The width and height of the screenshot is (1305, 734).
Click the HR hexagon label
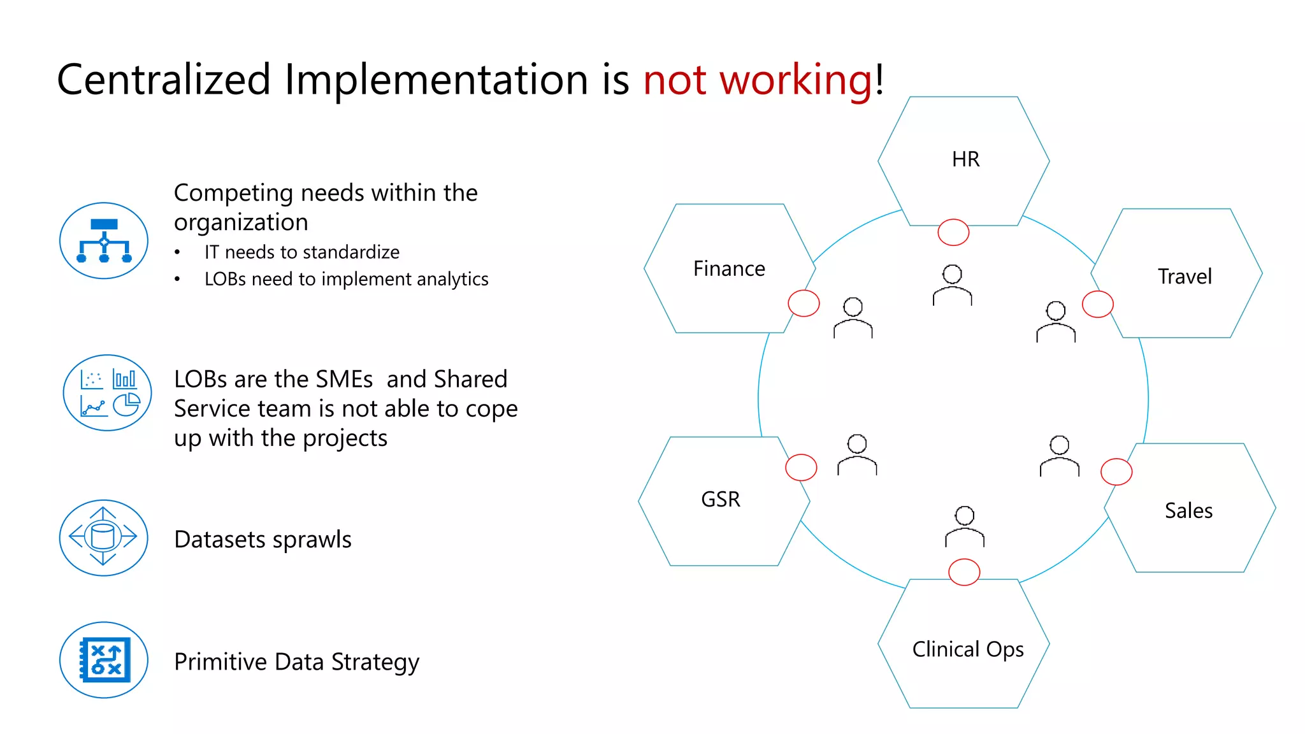965,159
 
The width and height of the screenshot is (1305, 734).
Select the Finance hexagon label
729,269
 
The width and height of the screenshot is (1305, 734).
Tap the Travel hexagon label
1185,277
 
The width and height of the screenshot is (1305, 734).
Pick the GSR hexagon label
721,499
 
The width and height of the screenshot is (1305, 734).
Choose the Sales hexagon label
1188,510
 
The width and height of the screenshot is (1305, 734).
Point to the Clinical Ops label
968,649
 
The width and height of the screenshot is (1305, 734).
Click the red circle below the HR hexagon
953,232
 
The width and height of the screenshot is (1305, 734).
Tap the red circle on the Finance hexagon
804,303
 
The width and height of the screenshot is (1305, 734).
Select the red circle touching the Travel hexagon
1097,304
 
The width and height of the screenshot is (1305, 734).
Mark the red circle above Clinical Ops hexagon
964,572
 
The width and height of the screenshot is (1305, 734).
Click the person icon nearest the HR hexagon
952,285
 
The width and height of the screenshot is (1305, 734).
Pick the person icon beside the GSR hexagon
857,455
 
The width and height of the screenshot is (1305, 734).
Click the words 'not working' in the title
757,80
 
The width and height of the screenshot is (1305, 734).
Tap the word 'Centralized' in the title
164,80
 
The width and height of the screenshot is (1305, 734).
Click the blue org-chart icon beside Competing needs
104,241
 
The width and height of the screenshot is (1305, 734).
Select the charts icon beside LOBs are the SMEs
107,393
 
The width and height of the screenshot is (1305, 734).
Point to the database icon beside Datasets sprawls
103,538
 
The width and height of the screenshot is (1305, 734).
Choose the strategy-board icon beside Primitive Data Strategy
104,660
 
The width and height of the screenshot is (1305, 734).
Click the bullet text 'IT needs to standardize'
301,252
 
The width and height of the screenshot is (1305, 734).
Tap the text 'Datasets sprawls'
263,540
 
